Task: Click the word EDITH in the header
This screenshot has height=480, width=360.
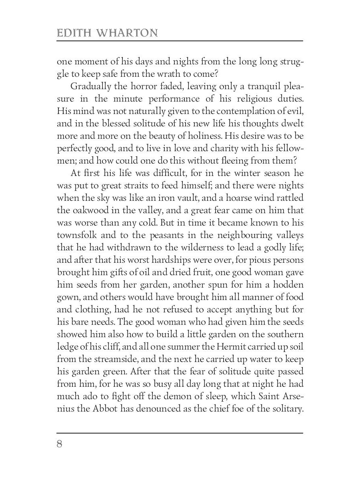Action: [74, 33]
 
